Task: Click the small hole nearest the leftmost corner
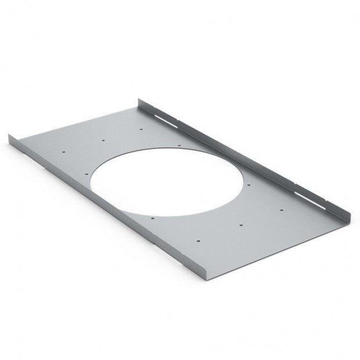click(x=64, y=152)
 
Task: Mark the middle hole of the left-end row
click(x=103, y=140)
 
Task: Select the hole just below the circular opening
click(x=152, y=218)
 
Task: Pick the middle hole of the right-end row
click(x=240, y=224)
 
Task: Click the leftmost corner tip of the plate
click(x=10, y=135)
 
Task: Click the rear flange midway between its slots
click(x=232, y=152)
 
